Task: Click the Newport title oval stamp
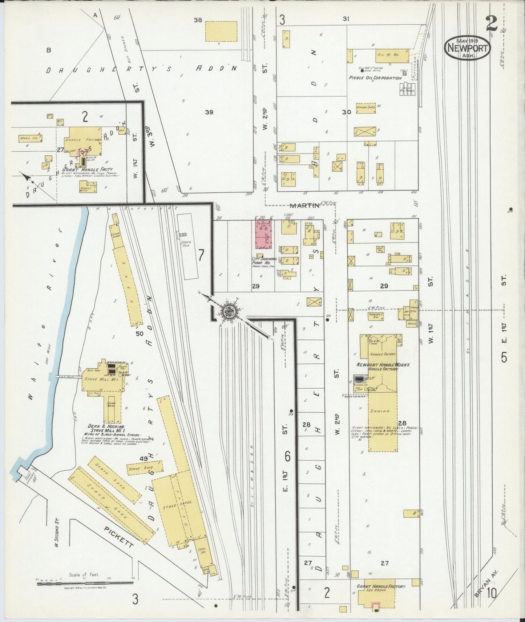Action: point(467,48)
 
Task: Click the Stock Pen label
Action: point(187,244)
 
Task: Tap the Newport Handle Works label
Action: point(383,364)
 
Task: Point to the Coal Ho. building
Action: point(202,560)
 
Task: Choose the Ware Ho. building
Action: point(30,138)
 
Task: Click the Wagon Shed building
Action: point(366,107)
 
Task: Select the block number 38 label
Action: point(198,20)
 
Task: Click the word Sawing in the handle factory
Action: point(382,411)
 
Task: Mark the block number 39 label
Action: point(209,112)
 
